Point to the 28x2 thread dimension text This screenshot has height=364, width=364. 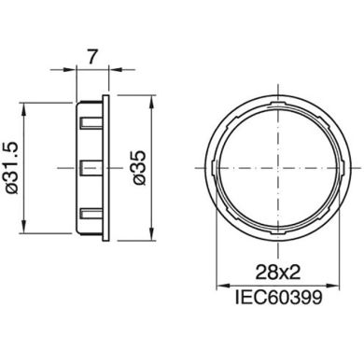click(279, 273)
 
